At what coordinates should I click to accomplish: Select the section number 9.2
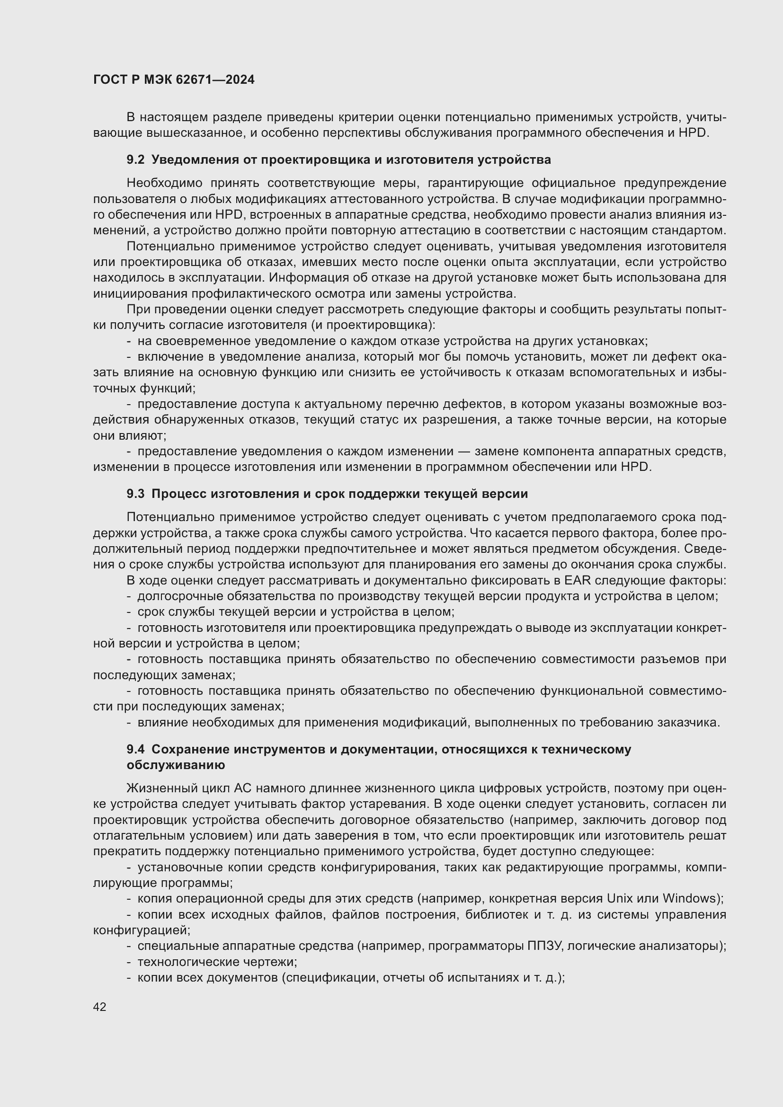pyautogui.click(x=135, y=159)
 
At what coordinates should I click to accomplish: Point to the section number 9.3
pyautogui.click(x=135, y=494)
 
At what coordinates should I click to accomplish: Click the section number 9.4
pyautogui.click(x=135, y=749)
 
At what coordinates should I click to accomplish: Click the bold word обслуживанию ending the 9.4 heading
pyautogui.click(x=176, y=765)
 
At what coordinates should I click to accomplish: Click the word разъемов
pyautogui.click(x=673, y=659)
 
